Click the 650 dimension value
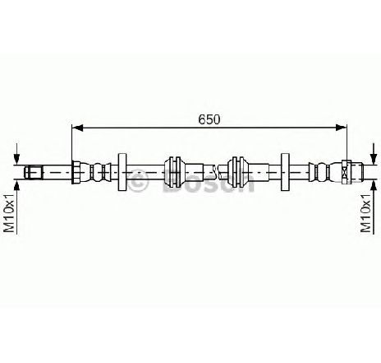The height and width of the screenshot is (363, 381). click(209, 119)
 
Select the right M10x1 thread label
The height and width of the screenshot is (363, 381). click(366, 213)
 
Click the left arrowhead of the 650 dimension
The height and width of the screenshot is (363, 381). click(77, 128)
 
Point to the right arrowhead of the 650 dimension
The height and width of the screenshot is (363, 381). click(342, 128)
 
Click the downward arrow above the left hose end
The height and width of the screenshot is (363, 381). click(17, 154)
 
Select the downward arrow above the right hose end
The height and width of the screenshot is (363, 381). click(373, 154)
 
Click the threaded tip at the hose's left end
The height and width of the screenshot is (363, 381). click(33, 172)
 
